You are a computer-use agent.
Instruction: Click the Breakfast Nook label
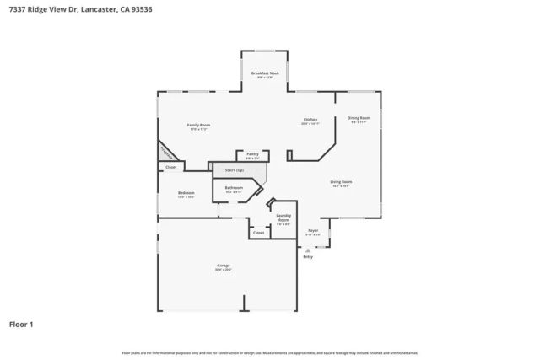pyautogui.click(x=265, y=74)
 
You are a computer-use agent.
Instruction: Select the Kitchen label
pyautogui.click(x=310, y=120)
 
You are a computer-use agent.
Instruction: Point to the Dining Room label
pyautogui.click(x=359, y=118)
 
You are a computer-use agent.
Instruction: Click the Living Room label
pyautogui.click(x=340, y=181)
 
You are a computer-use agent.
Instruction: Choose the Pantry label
pyautogui.click(x=252, y=154)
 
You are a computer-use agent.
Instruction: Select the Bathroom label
pyautogui.click(x=234, y=187)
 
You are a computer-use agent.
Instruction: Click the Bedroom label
pyautogui.click(x=186, y=193)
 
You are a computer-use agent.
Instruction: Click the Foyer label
pyautogui.click(x=312, y=229)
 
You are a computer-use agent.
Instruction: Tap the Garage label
pyautogui.click(x=224, y=266)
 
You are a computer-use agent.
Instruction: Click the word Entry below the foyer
pyautogui.click(x=308, y=256)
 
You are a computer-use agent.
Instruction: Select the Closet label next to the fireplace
pyautogui.click(x=170, y=167)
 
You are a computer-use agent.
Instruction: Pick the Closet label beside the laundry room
pyautogui.click(x=258, y=232)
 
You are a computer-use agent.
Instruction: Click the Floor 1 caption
pyautogui.click(x=23, y=324)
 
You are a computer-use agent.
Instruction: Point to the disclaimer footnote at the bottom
pyautogui.click(x=269, y=352)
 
